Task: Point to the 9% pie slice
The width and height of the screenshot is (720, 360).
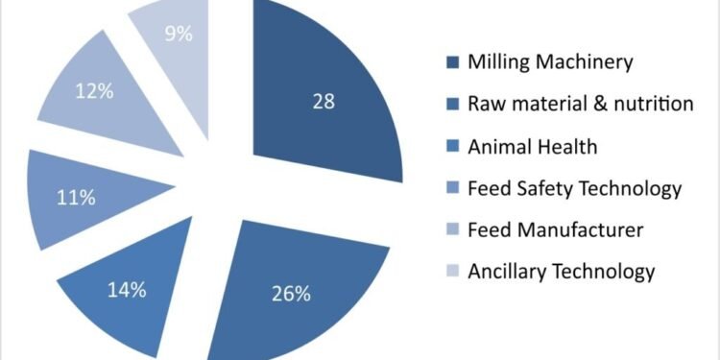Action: click(x=178, y=43)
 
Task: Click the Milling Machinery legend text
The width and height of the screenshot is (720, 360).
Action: click(x=550, y=62)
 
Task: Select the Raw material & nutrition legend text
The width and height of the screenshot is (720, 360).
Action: click(x=580, y=104)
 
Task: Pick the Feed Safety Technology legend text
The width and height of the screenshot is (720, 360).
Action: click(x=574, y=188)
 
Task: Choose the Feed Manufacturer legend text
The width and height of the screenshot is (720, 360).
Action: click(x=555, y=229)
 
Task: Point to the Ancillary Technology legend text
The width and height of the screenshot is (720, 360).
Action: click(x=561, y=272)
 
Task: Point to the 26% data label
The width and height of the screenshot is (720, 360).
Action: click(x=291, y=293)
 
